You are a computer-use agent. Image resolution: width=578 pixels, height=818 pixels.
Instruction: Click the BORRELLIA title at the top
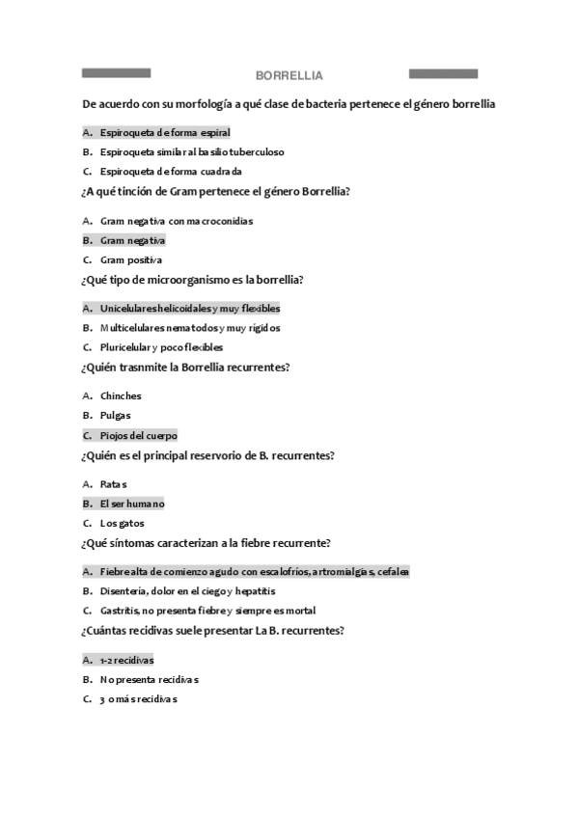[x=289, y=75]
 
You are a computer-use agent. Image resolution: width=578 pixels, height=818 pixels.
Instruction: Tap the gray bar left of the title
[x=116, y=73]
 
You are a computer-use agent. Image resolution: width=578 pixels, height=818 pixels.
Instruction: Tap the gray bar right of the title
[x=443, y=73]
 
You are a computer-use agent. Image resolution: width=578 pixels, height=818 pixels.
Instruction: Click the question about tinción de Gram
[x=216, y=192]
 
